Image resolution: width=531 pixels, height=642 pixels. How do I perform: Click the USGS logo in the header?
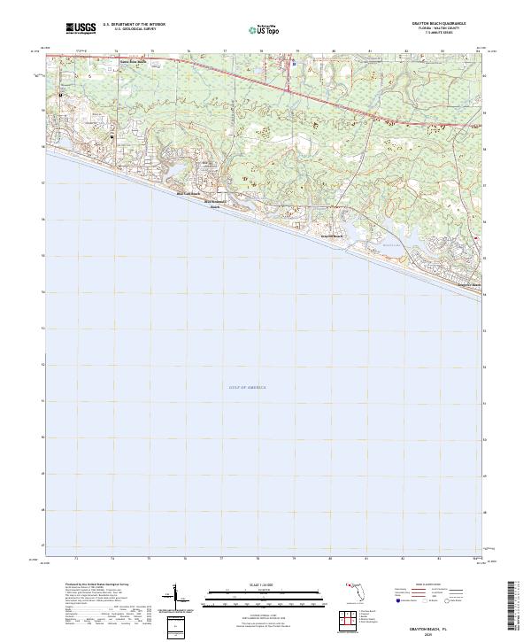click(x=81, y=27)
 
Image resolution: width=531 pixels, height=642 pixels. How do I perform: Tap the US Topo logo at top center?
click(x=264, y=28)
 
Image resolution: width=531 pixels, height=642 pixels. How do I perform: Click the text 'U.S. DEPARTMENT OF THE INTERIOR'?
click(x=134, y=24)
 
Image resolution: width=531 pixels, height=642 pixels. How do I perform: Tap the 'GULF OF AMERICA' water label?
click(x=247, y=387)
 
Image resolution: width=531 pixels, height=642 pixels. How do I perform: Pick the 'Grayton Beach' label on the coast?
click(x=331, y=236)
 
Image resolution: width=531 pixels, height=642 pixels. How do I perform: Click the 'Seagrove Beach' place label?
click(x=468, y=285)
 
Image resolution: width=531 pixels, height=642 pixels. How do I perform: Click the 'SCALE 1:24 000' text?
click(x=258, y=585)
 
